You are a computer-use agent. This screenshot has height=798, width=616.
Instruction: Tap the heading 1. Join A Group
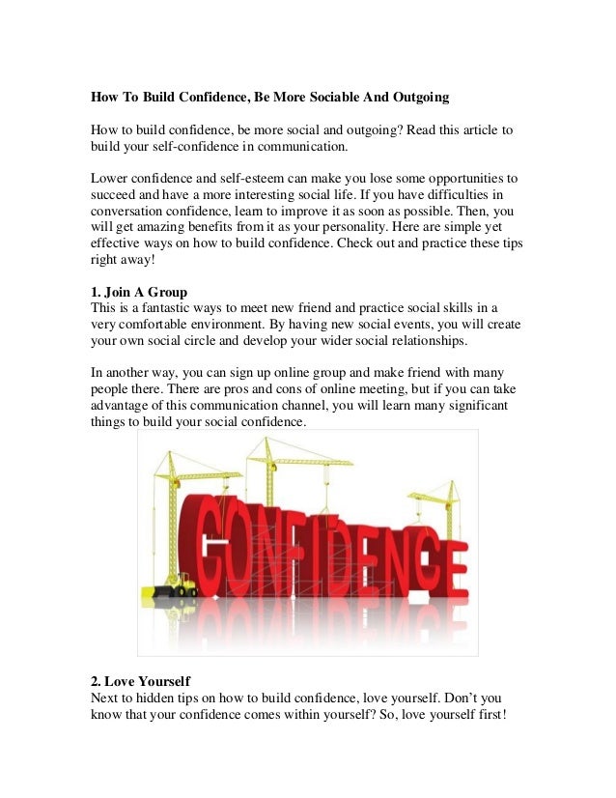coord(138,293)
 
